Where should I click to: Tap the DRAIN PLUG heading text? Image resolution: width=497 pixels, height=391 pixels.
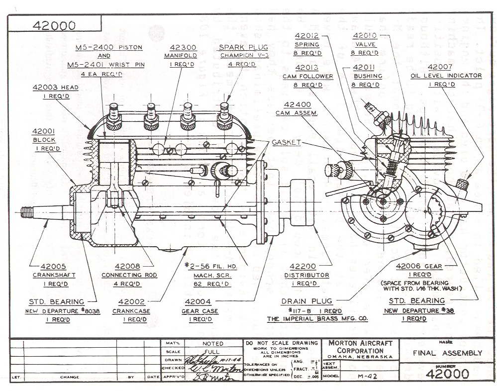[307, 301]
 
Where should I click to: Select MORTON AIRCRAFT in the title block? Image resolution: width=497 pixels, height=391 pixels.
[360, 343]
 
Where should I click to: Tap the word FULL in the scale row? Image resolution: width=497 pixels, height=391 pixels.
[212, 351]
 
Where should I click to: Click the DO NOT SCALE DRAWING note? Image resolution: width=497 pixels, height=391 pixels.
[281, 343]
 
